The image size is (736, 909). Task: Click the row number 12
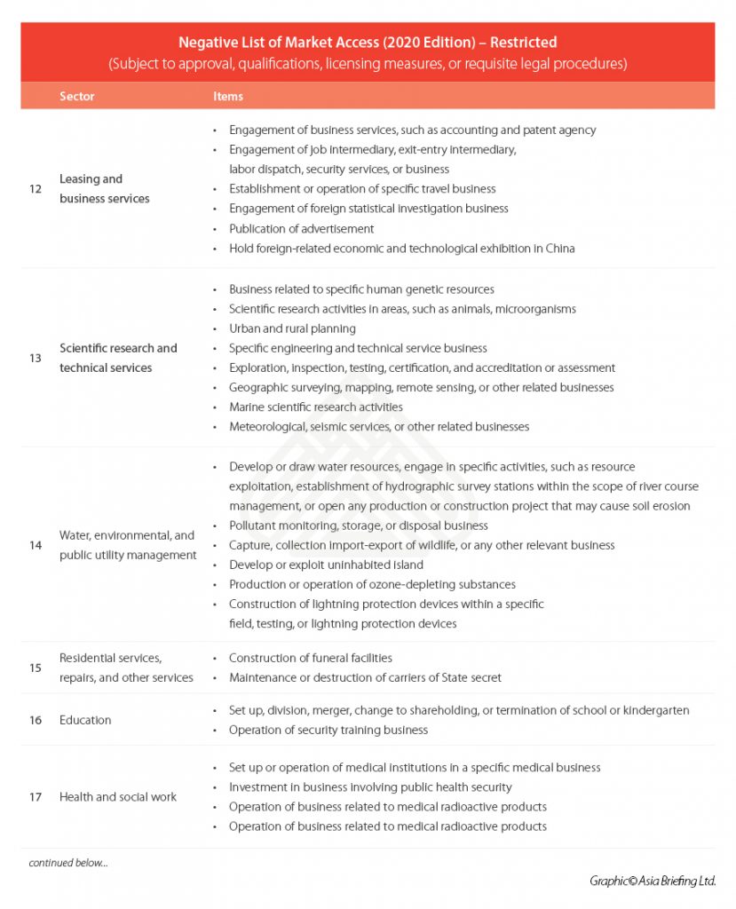[x=36, y=189]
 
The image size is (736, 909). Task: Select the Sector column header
[x=76, y=96]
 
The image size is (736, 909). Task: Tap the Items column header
[x=227, y=96]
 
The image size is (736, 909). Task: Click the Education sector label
[x=85, y=720]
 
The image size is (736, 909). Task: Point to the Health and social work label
[x=117, y=797]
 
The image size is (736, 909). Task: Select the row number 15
[x=36, y=668]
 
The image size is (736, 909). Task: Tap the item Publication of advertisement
[x=301, y=228]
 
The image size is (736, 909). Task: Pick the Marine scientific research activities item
[x=315, y=407]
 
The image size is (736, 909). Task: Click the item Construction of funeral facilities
[x=310, y=658]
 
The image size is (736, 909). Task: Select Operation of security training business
[x=328, y=730]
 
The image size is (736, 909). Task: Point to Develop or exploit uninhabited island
[x=326, y=565]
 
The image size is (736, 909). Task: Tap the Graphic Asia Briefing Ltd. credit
[x=652, y=881]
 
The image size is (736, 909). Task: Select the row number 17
[x=36, y=797]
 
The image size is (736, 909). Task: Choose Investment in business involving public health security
[x=370, y=786]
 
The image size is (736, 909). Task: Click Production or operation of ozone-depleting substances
[x=372, y=584]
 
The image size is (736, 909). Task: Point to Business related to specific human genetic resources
[x=361, y=289]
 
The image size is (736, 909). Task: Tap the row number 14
[x=36, y=545]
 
